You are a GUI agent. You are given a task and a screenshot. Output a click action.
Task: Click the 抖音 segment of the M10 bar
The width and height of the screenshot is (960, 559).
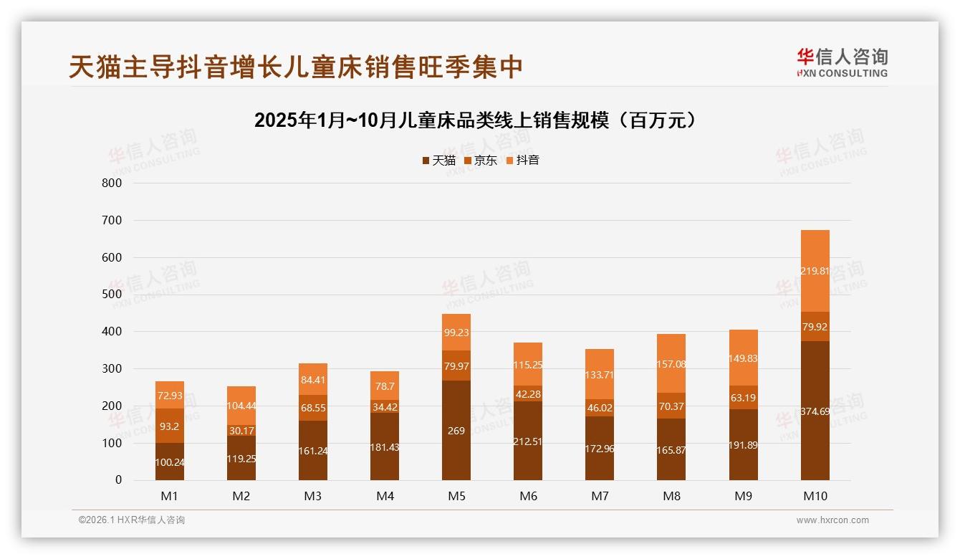[x=815, y=271]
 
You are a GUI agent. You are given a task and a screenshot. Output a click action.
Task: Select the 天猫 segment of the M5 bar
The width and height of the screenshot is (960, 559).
[x=456, y=430]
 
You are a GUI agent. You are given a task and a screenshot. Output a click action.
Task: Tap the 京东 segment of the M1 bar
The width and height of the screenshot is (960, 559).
[x=170, y=426]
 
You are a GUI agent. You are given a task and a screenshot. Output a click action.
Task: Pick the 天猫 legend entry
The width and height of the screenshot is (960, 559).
[x=438, y=161]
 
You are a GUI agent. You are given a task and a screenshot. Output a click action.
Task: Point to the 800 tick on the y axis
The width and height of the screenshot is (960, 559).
[x=112, y=183]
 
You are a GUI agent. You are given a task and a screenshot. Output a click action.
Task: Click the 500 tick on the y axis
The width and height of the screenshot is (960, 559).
[x=112, y=295]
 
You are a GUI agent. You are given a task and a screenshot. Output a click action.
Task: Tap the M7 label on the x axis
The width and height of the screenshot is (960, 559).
[x=600, y=496]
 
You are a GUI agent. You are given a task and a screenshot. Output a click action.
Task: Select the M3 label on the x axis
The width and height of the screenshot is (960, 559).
[x=313, y=496]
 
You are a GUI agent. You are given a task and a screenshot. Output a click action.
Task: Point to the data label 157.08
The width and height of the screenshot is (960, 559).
[x=671, y=364]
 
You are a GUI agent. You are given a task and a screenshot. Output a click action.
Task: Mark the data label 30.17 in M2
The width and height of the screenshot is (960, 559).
[x=241, y=431]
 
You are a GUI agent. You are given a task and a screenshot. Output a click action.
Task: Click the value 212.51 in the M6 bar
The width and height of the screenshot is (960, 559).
[x=528, y=441]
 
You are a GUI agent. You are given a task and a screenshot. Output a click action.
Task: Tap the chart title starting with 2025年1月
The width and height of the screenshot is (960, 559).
[x=476, y=120]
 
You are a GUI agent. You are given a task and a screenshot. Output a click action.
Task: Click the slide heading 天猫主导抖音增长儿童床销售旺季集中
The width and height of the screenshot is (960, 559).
[x=296, y=67]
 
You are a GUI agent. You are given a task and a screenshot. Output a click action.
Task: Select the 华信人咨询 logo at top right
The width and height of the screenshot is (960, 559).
[x=842, y=62]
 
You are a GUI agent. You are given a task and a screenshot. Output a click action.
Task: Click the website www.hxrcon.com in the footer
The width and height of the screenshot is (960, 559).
[x=832, y=520]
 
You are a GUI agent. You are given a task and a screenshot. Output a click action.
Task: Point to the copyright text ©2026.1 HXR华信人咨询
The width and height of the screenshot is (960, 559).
[x=132, y=520]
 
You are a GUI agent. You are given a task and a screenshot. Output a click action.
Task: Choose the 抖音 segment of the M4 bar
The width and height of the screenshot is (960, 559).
[x=385, y=386]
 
